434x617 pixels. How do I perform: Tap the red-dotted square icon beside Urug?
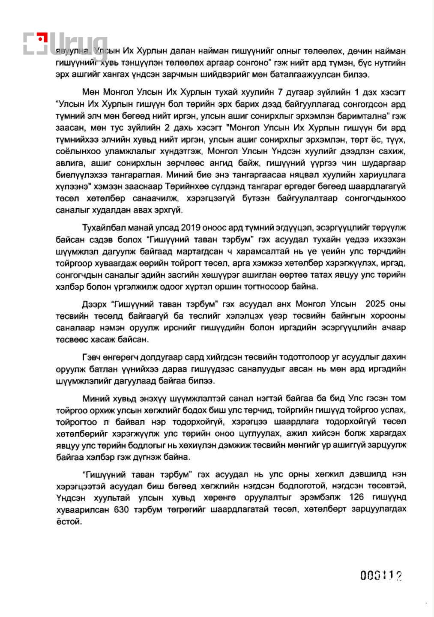coord(35,43)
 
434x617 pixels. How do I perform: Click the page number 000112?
coord(381,575)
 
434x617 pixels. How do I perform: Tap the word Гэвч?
coord(92,357)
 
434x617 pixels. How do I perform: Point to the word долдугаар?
coord(157,357)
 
